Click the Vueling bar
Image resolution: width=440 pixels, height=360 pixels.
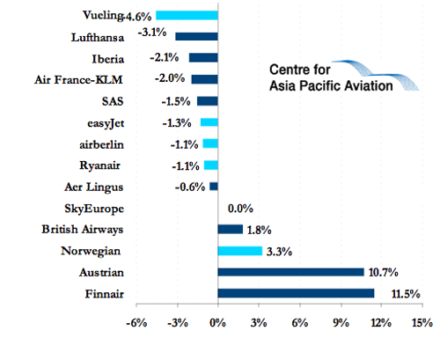tap(187, 15)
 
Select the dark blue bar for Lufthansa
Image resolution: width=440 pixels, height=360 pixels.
tap(196, 36)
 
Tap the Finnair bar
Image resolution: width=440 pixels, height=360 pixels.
tap(296, 293)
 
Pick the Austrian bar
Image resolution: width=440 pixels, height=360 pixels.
tap(290, 272)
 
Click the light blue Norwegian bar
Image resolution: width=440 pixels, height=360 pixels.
tap(240, 251)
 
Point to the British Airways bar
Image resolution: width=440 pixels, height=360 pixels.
tap(231, 230)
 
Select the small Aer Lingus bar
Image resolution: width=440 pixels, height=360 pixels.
tap(214, 187)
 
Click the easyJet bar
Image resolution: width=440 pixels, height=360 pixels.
tap(209, 122)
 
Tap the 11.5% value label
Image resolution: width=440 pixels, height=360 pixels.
tap(406, 294)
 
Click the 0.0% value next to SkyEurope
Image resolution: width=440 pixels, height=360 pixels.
tap(240, 209)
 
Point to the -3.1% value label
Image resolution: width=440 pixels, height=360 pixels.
tap(152, 32)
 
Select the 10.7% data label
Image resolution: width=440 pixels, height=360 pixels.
tap(383, 272)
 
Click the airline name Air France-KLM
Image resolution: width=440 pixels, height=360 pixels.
tap(78, 79)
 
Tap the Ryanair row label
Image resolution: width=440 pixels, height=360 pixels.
tap(99, 165)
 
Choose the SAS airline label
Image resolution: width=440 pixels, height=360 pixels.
tap(113, 101)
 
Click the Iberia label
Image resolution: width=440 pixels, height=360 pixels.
tap(108, 59)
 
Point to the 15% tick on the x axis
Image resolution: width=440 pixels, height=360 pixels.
tap(422, 323)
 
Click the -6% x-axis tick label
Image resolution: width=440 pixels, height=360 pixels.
tap(136, 323)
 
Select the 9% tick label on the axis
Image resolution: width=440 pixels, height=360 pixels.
tap(341, 323)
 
